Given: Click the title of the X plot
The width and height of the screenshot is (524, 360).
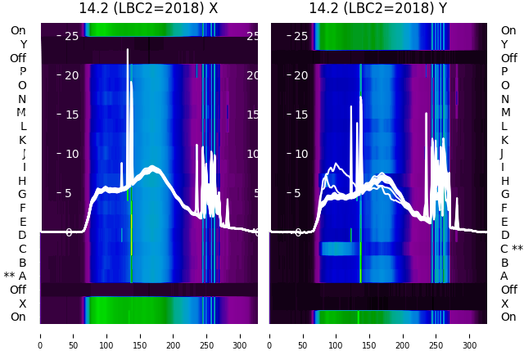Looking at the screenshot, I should coord(148,8).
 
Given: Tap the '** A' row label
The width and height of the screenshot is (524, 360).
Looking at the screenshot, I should coord(16,276).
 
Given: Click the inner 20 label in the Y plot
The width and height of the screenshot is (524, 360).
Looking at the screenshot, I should coord(301,75).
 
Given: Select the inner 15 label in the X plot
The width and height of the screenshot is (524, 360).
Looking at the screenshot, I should coord(71,115).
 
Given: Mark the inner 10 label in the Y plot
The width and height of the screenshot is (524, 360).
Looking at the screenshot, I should coord(301,154).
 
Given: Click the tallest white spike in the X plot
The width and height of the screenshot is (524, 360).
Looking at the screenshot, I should coord(128,51).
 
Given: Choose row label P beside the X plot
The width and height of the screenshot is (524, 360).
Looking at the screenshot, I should coord(23,71).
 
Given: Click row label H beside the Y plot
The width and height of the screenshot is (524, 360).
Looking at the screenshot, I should coord(504,181).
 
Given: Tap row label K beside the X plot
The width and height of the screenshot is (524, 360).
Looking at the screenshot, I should coord(23,140).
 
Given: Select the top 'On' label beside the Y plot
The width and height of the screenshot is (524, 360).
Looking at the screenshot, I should coord(508,30).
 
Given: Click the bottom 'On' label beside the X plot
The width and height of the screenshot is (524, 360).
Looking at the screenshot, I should coord(18,317).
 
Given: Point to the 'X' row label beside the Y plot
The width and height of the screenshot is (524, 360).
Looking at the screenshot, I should coord(504,304).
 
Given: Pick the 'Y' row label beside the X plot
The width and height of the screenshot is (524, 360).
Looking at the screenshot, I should coord(23,44).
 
